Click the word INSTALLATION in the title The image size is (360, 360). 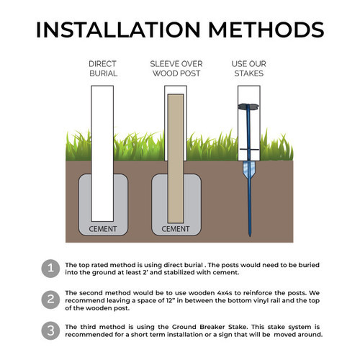pos(118,30)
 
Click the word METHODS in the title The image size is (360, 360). pos(266,30)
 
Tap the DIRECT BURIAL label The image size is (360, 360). pos(103,68)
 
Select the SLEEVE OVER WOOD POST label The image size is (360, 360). pos(176,68)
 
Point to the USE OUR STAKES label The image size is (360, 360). pos(249,68)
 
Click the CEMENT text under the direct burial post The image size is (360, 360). pos(103,229)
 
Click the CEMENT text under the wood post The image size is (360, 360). pos(176,229)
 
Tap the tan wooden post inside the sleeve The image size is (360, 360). pos(176,158)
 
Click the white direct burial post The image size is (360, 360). pos(102,153)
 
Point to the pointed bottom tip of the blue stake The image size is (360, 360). pos(250,236)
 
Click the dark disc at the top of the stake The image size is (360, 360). pos(248,106)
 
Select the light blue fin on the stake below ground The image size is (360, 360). pos(249,168)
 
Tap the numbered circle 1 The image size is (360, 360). pos(50,269)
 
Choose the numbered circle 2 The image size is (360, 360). pos(50,300)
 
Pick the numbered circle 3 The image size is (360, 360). pos(50,330)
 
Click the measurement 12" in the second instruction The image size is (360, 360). pos(169,300)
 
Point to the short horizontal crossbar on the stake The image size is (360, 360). pos(249,150)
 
